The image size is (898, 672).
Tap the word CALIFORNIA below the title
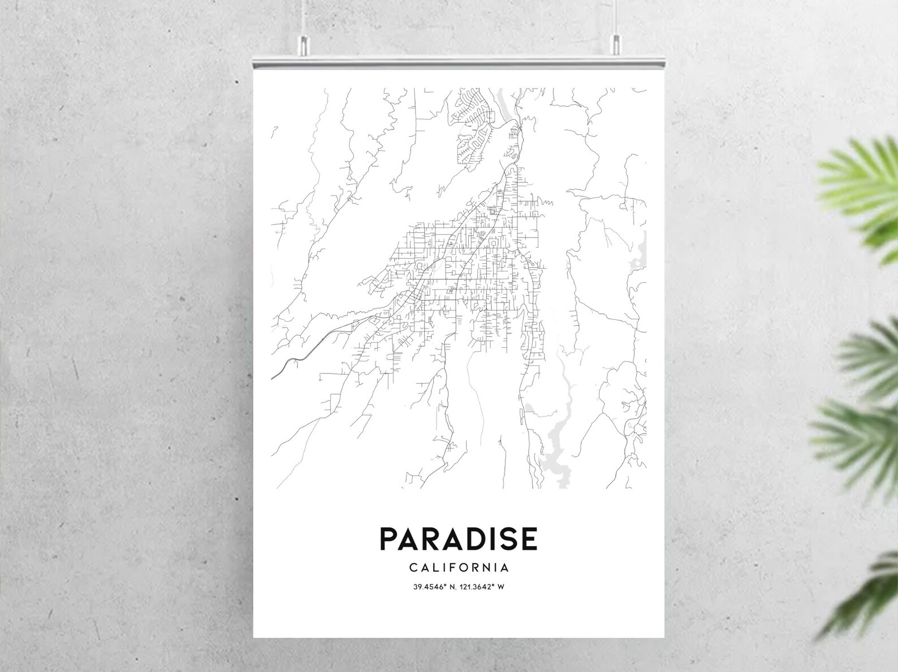[459, 567]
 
